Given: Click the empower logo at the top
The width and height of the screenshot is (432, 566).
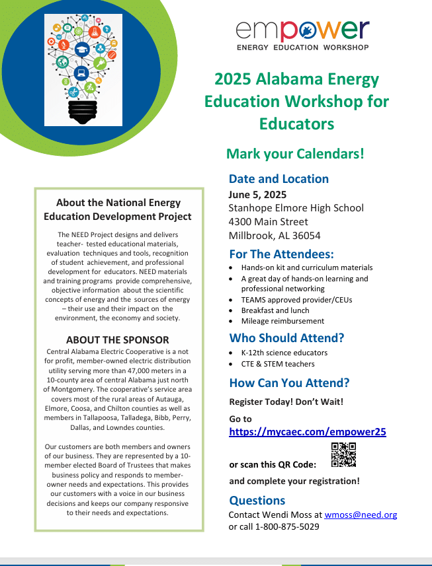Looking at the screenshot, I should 302,35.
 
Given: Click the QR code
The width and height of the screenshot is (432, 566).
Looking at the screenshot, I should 343,455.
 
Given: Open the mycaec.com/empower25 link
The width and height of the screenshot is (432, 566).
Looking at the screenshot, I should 308,432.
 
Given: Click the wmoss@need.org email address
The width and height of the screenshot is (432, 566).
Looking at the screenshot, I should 361,514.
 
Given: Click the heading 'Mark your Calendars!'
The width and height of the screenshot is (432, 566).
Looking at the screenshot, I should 295,154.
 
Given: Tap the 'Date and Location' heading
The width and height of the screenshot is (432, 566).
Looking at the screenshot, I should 279,178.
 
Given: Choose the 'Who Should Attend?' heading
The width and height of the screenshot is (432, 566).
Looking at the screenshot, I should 286,338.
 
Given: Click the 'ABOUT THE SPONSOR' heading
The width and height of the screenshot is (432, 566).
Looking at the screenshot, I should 117,340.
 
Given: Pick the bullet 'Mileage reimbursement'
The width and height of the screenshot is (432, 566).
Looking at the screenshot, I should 282,321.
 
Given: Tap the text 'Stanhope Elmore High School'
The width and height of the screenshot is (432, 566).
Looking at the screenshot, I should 296,207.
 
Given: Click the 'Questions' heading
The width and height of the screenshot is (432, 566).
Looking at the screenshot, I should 257,500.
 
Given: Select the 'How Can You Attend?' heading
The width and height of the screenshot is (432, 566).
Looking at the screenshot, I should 289,383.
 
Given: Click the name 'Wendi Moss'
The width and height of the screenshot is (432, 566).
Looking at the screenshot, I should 288,514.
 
